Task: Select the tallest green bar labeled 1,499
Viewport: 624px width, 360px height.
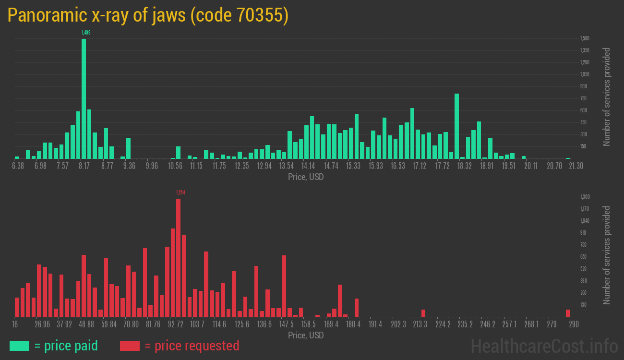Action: (84, 98)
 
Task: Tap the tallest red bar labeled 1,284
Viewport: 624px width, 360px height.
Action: (178, 257)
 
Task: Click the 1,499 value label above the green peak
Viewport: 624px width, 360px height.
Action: (86, 33)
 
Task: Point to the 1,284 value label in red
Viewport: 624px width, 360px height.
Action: (180, 192)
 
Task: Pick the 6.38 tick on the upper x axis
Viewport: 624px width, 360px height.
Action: (18, 166)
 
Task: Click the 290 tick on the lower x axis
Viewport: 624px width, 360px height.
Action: (574, 324)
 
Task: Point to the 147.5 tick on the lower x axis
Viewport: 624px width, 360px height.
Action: (287, 324)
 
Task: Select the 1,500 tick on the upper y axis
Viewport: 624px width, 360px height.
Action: (585, 38)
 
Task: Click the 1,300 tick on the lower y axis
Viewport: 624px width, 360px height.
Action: (585, 197)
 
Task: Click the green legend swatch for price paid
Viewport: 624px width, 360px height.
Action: (19, 346)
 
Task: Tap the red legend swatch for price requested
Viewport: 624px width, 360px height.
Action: (130, 346)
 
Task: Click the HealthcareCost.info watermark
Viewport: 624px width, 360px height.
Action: (544, 346)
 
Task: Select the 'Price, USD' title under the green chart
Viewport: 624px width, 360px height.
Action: (305, 177)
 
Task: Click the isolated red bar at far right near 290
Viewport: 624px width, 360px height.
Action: (568, 313)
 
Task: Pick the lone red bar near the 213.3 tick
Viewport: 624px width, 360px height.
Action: (423, 313)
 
